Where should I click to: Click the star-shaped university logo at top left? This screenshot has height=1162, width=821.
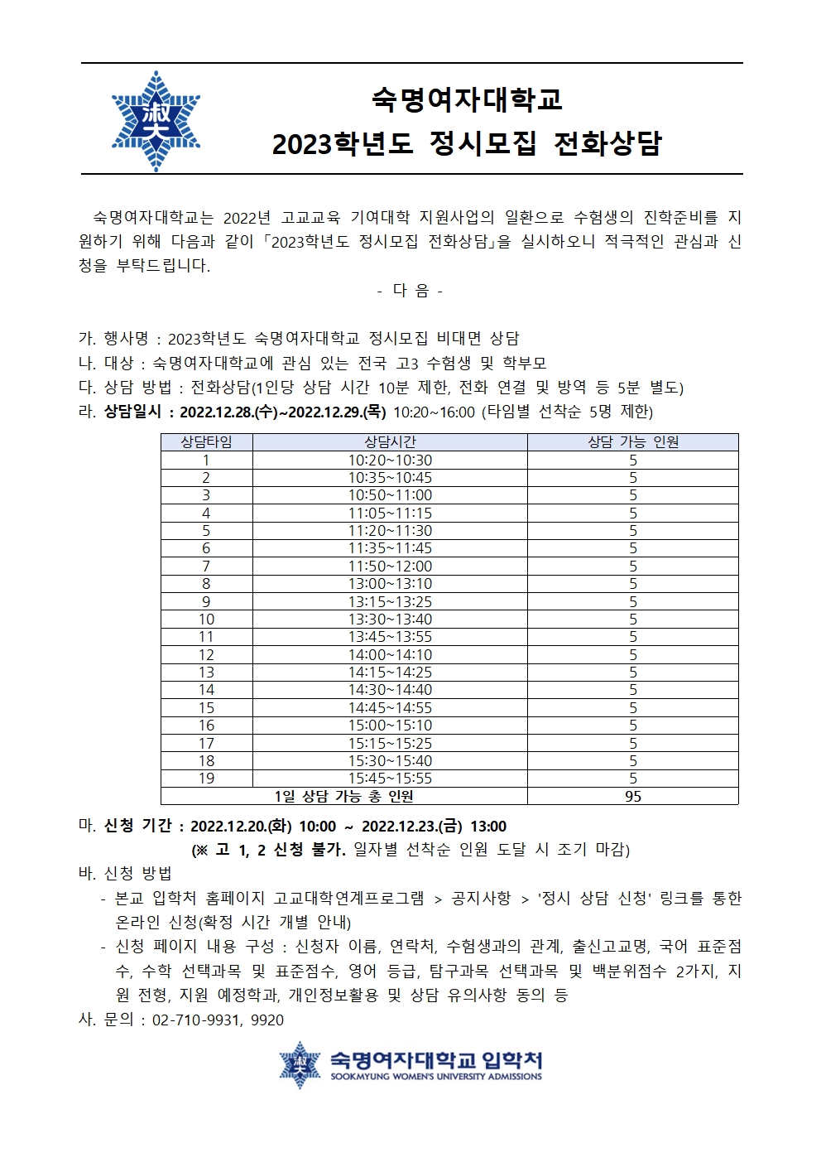tap(156, 121)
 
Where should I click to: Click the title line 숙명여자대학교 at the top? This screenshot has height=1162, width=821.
tap(466, 100)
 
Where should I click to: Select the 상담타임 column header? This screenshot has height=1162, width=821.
tap(206, 442)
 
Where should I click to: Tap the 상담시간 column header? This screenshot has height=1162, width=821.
tap(390, 442)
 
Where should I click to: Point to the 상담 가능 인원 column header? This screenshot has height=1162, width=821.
tap(632, 442)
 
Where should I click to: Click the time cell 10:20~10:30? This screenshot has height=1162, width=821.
tap(390, 460)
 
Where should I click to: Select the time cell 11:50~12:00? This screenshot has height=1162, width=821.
tap(390, 567)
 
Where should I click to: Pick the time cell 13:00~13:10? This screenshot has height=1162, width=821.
tap(390, 584)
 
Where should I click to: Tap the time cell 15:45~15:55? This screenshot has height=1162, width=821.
tap(390, 779)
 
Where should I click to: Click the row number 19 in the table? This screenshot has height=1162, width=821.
tap(206, 779)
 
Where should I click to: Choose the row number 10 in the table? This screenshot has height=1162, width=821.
tap(206, 620)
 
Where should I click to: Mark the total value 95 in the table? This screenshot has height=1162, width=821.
tap(632, 797)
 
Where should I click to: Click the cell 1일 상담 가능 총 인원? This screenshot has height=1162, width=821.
tap(343, 797)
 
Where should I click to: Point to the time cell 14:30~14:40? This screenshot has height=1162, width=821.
tap(390, 690)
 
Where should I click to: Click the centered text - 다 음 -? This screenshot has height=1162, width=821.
tap(410, 291)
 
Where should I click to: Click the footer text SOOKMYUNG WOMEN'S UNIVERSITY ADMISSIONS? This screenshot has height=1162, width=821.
tap(436, 1077)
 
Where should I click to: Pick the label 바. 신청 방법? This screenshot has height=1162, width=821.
tap(125, 873)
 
